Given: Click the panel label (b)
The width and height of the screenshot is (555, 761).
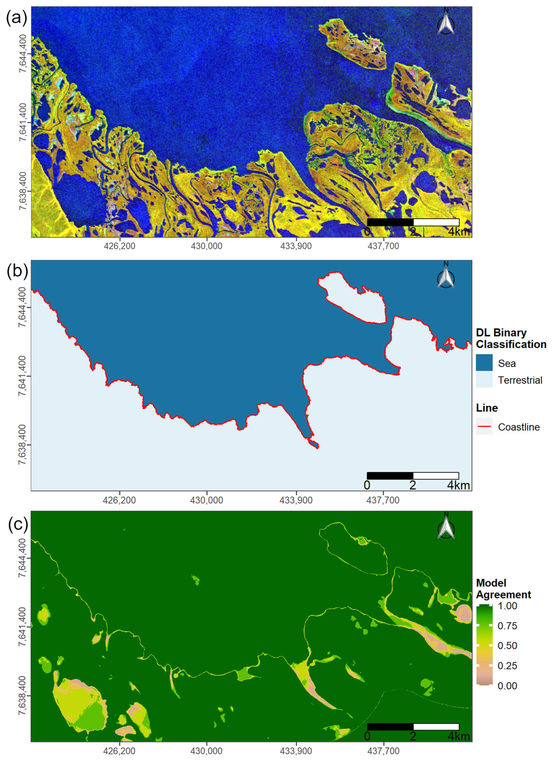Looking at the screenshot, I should pos(17,272).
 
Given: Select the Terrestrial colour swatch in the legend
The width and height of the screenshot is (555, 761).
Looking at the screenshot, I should pos(484,380).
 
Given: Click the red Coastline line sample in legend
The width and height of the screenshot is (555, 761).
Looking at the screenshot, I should pos(484,427).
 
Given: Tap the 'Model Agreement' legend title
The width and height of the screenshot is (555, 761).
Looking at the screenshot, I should pos(503,589).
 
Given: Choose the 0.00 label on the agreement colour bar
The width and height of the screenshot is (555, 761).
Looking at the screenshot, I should pos(507,686).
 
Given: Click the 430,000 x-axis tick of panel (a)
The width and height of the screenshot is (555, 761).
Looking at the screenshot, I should pos(207,246).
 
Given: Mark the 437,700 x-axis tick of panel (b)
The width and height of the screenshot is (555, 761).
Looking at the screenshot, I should pos(383,500).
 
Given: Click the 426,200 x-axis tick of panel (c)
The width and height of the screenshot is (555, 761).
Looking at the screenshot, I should pos(120,751).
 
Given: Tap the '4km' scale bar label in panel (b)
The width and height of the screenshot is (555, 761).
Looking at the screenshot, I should pos(458,485).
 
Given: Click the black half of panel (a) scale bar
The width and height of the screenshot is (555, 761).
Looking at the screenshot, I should pos(390,222).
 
